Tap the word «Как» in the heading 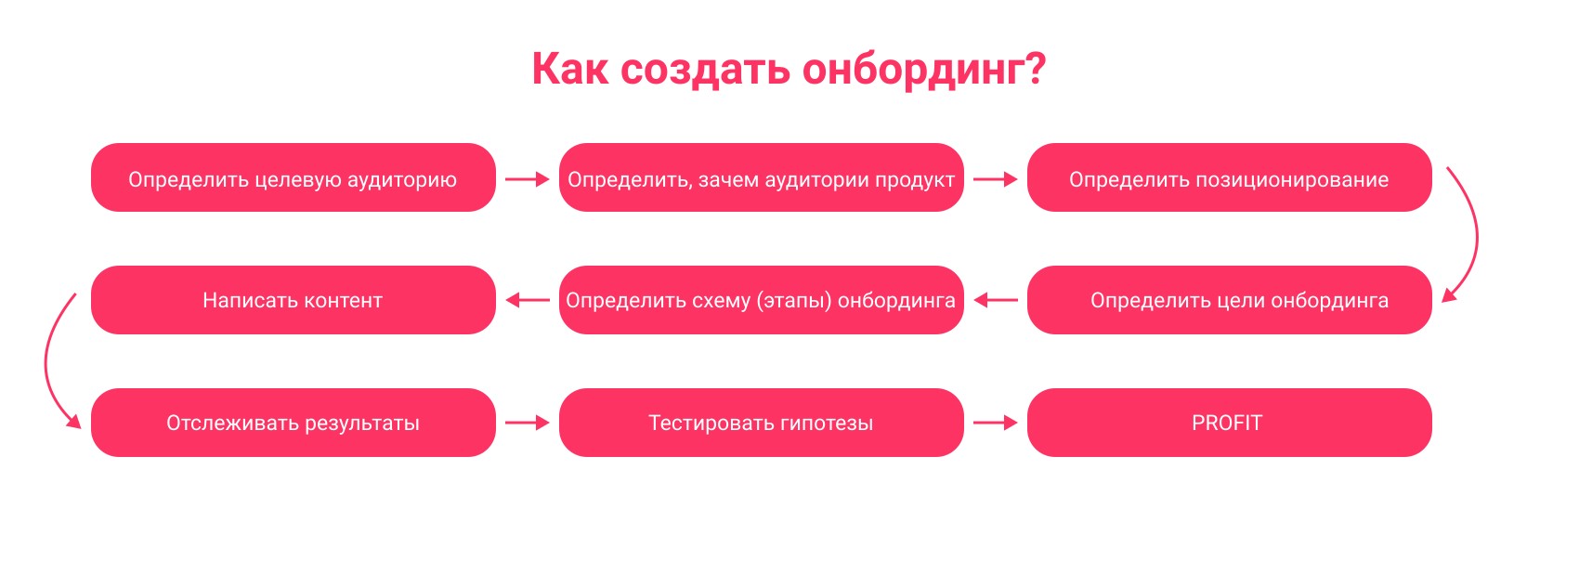[x=569, y=69]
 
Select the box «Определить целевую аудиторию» [x=294, y=177]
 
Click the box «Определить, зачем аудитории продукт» [x=762, y=177]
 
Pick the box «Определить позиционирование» [x=1230, y=177]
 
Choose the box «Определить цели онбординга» [x=1230, y=300]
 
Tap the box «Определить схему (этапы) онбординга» [x=762, y=300]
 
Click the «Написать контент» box [x=294, y=300]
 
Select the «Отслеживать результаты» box [x=294, y=423]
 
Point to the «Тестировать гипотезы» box [x=762, y=423]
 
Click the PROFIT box [x=1230, y=423]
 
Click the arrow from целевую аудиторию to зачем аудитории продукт [x=528, y=179]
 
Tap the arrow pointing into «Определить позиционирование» [x=996, y=179]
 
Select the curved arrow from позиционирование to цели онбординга [x=1477, y=236]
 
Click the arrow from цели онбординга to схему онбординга [x=996, y=300]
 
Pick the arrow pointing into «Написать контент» [x=528, y=300]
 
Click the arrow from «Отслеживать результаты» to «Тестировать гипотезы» [x=528, y=423]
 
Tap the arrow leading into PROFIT [x=996, y=423]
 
